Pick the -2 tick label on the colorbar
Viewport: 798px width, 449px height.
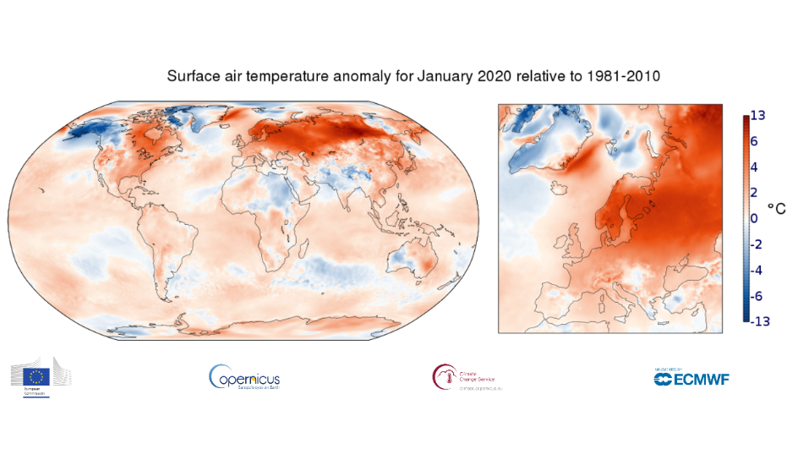click(758, 244)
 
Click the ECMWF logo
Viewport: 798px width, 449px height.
click(691, 377)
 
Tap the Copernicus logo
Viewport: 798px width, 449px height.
click(244, 377)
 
